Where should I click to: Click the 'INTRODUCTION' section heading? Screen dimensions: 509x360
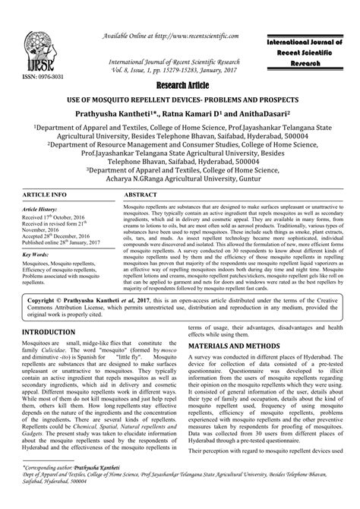[47, 354]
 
